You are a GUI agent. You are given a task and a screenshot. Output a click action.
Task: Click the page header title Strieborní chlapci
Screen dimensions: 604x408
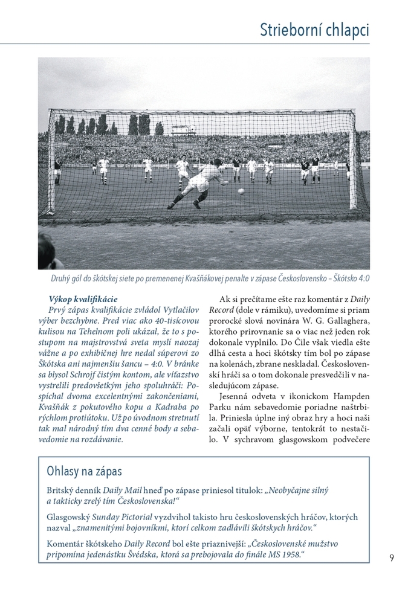[314, 30]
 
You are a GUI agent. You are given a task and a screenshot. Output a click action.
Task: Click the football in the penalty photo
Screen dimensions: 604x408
[241, 191]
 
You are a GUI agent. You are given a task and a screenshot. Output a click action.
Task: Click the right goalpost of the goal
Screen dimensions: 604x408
[353, 160]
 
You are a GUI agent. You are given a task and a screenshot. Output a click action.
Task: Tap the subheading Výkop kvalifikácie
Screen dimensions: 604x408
[83, 299]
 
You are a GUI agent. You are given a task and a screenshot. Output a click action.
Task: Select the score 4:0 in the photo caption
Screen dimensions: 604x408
[361, 279]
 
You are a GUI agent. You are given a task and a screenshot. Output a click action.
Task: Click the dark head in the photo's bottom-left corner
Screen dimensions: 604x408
[47, 250]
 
